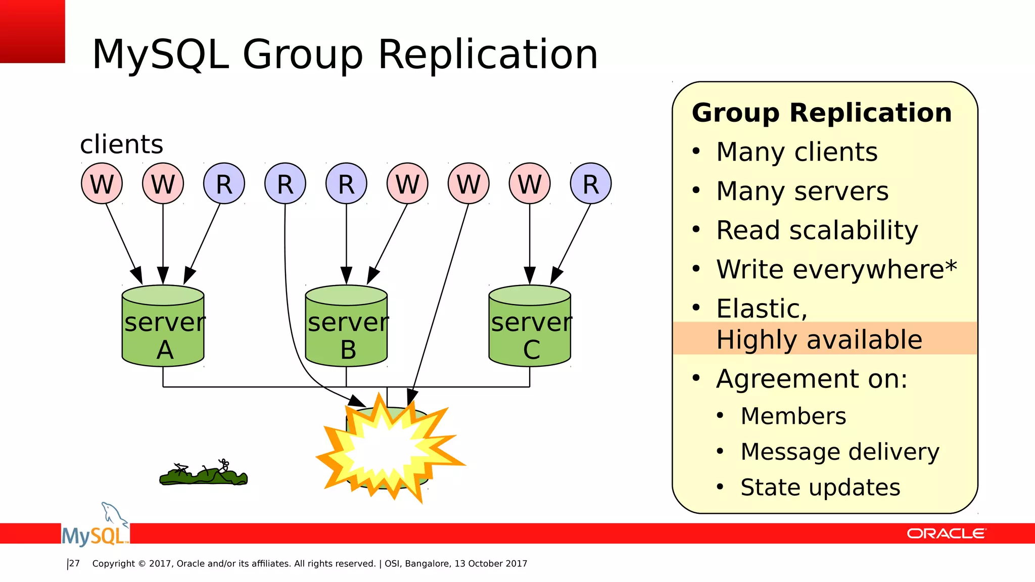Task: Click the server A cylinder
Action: coord(163,326)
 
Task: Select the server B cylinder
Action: coord(346,326)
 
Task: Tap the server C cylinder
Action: coord(530,326)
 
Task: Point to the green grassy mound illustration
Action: coord(203,475)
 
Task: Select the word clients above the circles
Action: coord(121,144)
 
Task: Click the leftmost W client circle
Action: coord(102,183)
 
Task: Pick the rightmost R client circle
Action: coord(591,183)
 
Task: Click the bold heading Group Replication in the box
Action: coord(822,113)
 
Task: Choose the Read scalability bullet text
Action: coord(817,230)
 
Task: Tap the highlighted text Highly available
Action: coord(819,339)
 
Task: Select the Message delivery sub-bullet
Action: coord(839,452)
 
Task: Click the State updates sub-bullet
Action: coord(820,488)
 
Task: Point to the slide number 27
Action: coord(74,563)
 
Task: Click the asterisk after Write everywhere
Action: coord(951,265)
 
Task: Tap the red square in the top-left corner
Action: coord(32,31)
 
